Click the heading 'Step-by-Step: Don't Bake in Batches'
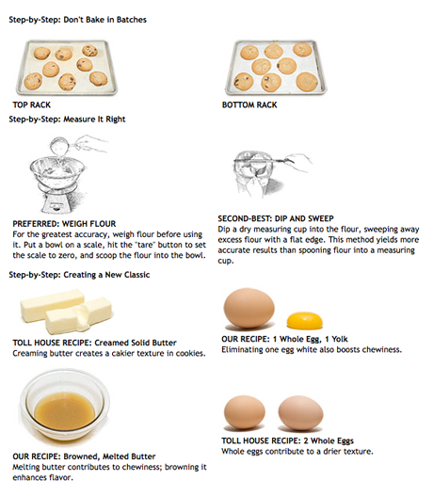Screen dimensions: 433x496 (x=77, y=20)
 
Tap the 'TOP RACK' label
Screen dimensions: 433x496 (x=32, y=104)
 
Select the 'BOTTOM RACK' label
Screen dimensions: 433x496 (x=249, y=104)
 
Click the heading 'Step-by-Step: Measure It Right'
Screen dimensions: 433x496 (x=67, y=120)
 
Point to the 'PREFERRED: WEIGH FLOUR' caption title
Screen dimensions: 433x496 (x=64, y=224)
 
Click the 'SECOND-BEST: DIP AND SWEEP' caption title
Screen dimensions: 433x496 (x=276, y=218)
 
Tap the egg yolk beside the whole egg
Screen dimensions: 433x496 (x=305, y=320)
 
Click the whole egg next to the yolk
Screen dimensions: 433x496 (x=249, y=308)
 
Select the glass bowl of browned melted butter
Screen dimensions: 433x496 (x=65, y=406)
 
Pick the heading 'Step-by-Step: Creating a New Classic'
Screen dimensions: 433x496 (x=79, y=275)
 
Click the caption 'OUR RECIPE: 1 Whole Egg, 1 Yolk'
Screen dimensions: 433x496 (x=284, y=339)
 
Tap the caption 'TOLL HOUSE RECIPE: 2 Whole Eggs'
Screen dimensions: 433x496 (x=287, y=440)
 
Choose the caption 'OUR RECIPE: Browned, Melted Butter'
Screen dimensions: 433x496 (x=84, y=456)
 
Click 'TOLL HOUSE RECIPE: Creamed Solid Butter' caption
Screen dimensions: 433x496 (x=94, y=343)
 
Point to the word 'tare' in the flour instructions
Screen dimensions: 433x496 (x=144, y=245)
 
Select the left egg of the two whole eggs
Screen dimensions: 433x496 (x=244, y=412)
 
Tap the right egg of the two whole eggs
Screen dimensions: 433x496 (x=300, y=413)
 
